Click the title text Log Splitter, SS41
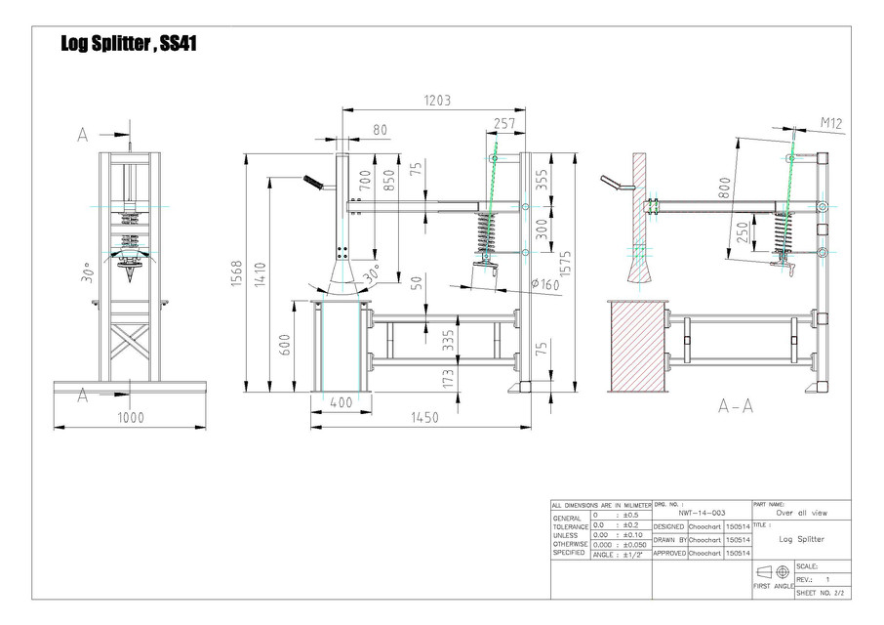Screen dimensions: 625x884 pyautogui.click(x=130, y=44)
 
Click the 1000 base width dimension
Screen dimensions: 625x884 pyautogui.click(x=131, y=417)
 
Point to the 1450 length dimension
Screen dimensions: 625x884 pyautogui.click(x=422, y=416)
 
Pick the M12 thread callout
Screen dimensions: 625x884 pyautogui.click(x=830, y=123)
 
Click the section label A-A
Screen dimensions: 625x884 pyautogui.click(x=736, y=406)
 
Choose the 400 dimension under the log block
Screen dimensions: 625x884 pyautogui.click(x=341, y=402)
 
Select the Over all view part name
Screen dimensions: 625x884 pyautogui.click(x=801, y=512)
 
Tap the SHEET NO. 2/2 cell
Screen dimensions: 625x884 pyautogui.click(x=822, y=593)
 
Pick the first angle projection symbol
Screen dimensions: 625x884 pyautogui.click(x=774, y=572)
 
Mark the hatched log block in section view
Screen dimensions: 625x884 pyautogui.click(x=637, y=346)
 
